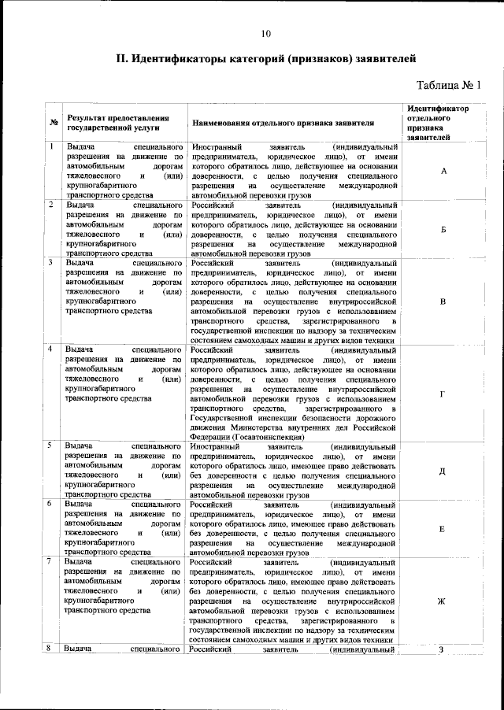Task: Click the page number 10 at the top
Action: click(265, 33)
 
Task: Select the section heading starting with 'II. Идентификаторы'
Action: click(266, 58)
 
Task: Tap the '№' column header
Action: click(53, 122)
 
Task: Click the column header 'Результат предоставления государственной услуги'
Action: click(113, 121)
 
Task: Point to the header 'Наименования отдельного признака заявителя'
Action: click(291, 123)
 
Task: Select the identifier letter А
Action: click(443, 171)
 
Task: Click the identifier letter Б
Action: click(443, 229)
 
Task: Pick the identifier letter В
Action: click(443, 301)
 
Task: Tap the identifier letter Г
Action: click(443, 393)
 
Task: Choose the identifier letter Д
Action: click(443, 471)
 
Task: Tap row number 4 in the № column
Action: click(51, 348)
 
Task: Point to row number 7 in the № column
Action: click(51, 561)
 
